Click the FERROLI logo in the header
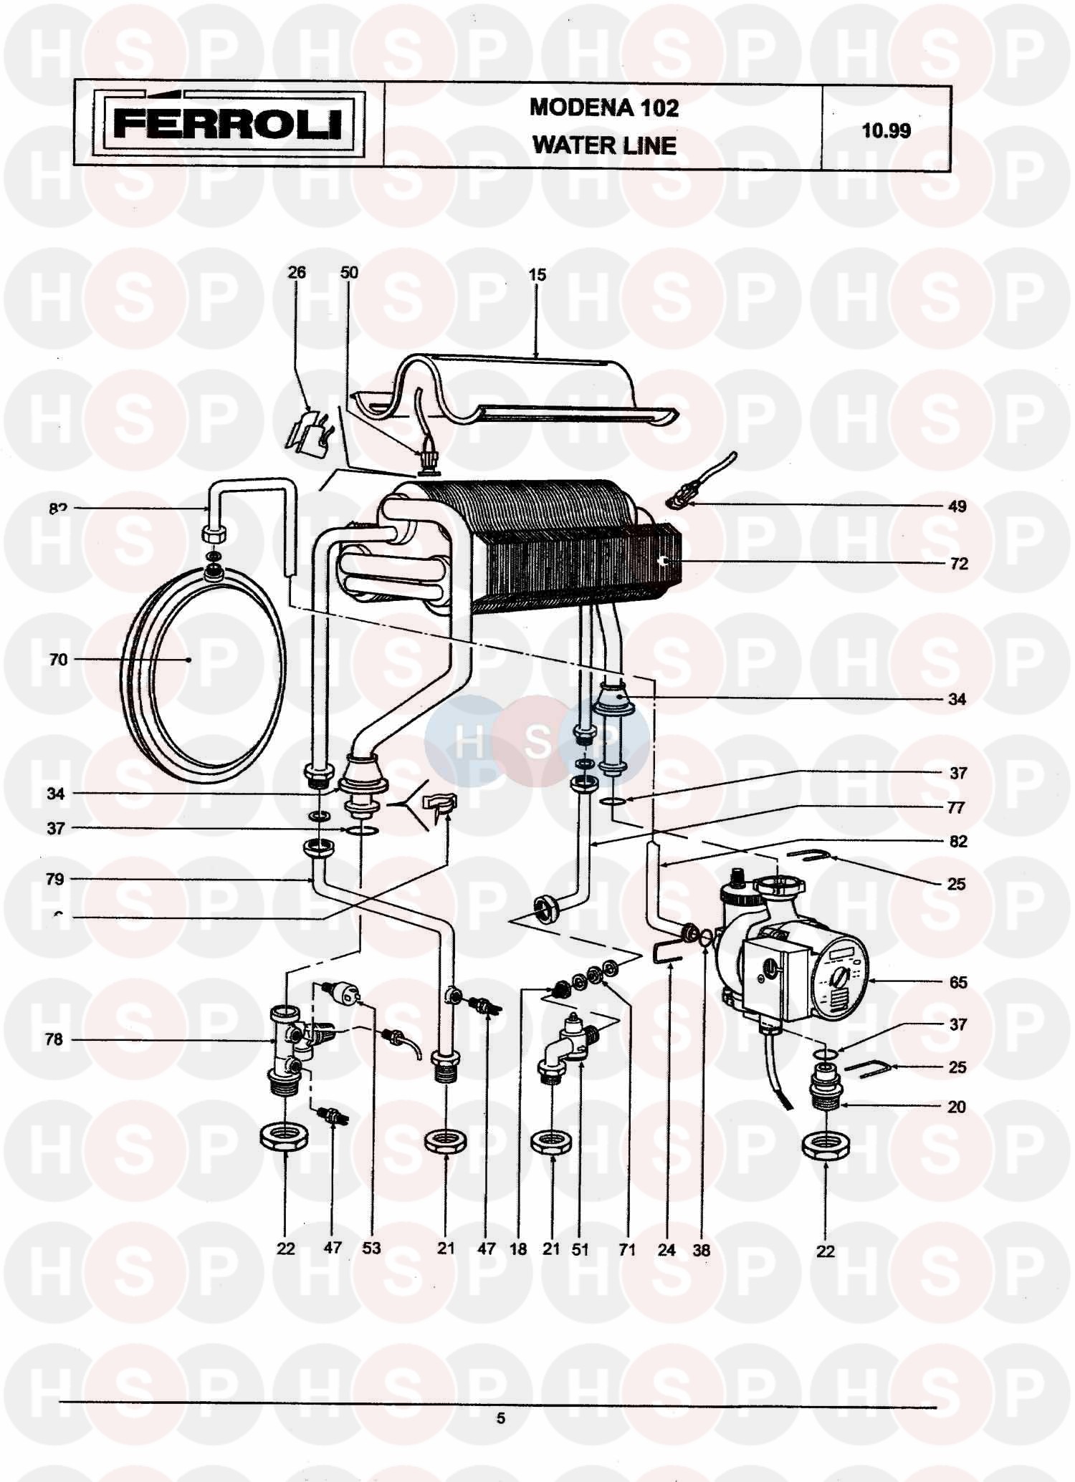tap(228, 123)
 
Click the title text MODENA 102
tap(604, 107)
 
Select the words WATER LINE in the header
tap(604, 145)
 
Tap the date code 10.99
tap(886, 130)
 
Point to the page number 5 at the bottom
tap(500, 1418)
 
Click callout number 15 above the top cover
tap(537, 274)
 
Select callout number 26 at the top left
tap(297, 272)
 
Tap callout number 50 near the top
tap(349, 272)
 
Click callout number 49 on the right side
tap(957, 506)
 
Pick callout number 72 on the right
tap(958, 564)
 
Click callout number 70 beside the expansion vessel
tap(58, 659)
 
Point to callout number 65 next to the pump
tap(958, 982)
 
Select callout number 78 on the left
tap(54, 1039)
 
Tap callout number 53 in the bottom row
tap(371, 1248)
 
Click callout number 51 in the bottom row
tap(580, 1250)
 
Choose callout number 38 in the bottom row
tap(701, 1250)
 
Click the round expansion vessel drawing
tap(204, 673)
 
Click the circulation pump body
tap(795, 967)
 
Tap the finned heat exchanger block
tap(545, 544)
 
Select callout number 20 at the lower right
tap(957, 1107)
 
